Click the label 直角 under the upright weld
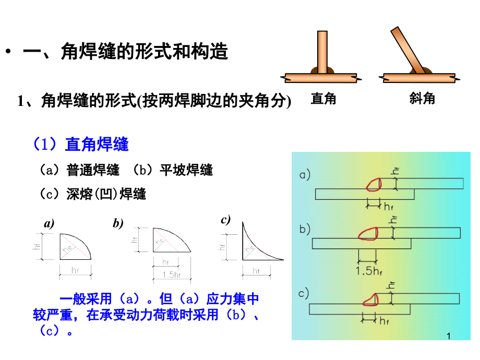[x=323, y=99]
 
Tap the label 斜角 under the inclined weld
[x=422, y=99]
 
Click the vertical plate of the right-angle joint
[x=322, y=52]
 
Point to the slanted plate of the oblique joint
[x=408, y=51]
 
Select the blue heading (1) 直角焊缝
[x=81, y=144]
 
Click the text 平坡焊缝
[x=186, y=170]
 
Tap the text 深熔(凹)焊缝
[x=106, y=194]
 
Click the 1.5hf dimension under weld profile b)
[x=172, y=274]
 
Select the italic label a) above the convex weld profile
[x=49, y=223]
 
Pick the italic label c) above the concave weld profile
[x=225, y=220]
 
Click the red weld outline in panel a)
[x=374, y=185]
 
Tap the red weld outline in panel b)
[x=368, y=234]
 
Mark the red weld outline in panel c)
[x=370, y=299]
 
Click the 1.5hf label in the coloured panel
[x=368, y=271]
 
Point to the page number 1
[x=449, y=336]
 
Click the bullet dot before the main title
[x=8, y=51]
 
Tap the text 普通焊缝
[x=93, y=170]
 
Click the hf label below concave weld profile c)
[x=256, y=271]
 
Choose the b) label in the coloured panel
[x=305, y=229]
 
